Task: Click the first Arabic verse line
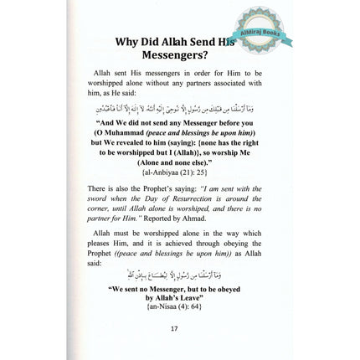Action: (x=176, y=107)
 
